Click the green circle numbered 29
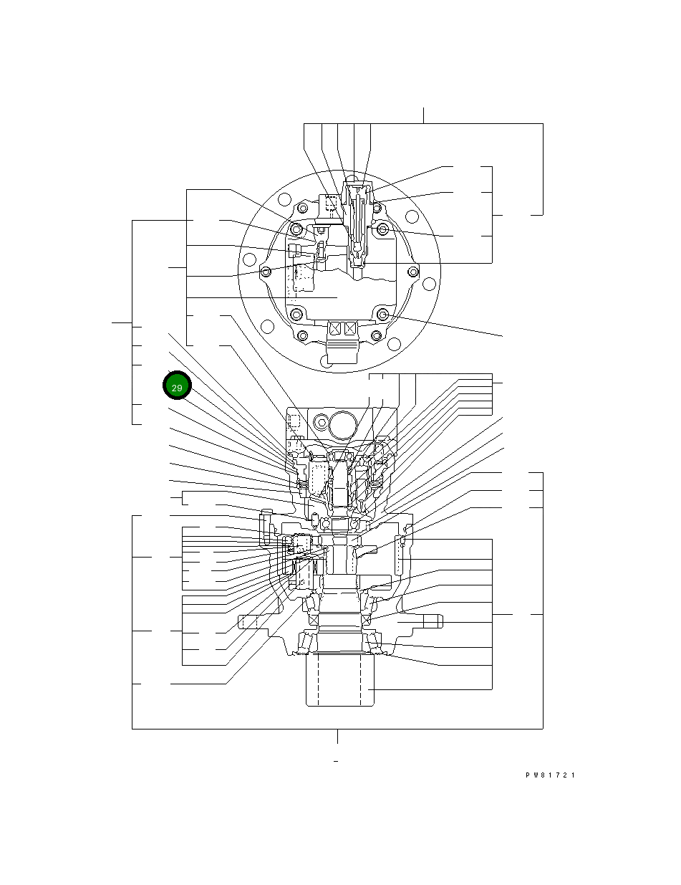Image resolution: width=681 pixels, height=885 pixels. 177,387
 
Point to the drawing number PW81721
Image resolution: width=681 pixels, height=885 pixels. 551,775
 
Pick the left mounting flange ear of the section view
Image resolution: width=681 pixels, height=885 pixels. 251,622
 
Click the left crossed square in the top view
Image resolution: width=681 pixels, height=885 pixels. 334,329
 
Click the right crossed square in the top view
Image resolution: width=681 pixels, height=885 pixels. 350,329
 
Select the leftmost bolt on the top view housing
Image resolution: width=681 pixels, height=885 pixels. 266,272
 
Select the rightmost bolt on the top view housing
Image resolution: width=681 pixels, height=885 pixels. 412,272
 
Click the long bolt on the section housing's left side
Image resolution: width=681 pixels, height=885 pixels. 269,527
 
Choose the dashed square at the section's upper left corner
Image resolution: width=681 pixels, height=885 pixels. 292,421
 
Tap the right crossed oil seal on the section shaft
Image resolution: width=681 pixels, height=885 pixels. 366,619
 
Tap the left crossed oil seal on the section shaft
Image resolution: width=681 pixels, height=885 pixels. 312,619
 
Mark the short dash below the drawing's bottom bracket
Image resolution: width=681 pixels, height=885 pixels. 336,760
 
